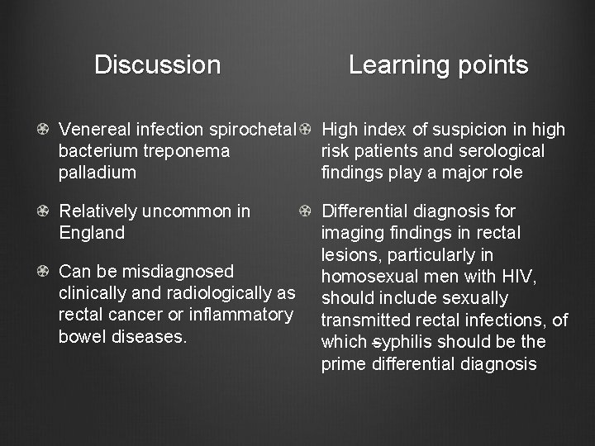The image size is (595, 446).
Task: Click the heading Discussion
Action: coord(157,64)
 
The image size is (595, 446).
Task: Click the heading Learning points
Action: coord(438,64)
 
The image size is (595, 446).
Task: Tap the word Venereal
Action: coord(91,130)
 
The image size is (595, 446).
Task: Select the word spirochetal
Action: coord(253,130)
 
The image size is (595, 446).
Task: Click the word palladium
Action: coord(98,173)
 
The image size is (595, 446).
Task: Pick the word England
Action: coord(92,233)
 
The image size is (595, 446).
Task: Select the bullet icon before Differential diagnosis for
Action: coord(305,211)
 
